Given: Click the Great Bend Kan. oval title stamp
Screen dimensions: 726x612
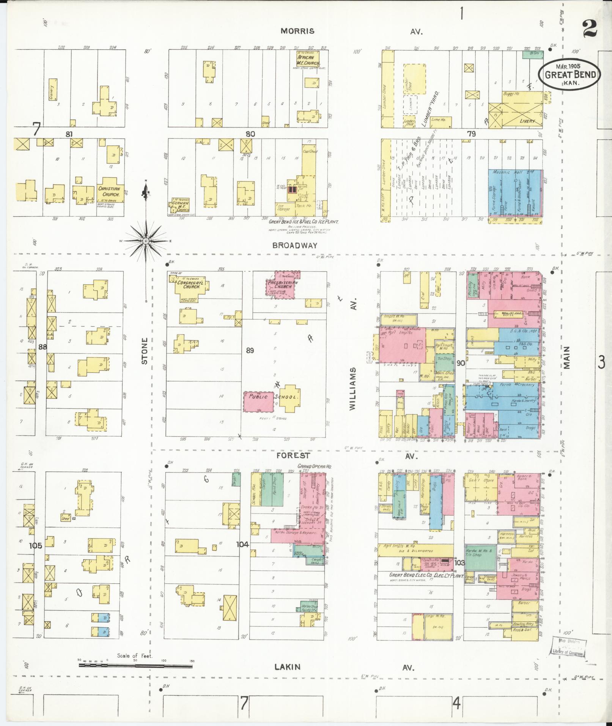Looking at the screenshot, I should click(569, 74).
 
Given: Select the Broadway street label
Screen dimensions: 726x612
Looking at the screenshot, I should click(294, 246).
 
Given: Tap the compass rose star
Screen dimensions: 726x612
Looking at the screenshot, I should click(146, 241).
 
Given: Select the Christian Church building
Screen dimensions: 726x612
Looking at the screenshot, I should click(109, 191).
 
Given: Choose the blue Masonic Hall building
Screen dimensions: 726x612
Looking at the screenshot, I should click(515, 193).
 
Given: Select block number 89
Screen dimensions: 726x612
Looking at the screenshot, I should click(249, 350).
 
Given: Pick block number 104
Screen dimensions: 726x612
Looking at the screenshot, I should click(242, 545).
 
